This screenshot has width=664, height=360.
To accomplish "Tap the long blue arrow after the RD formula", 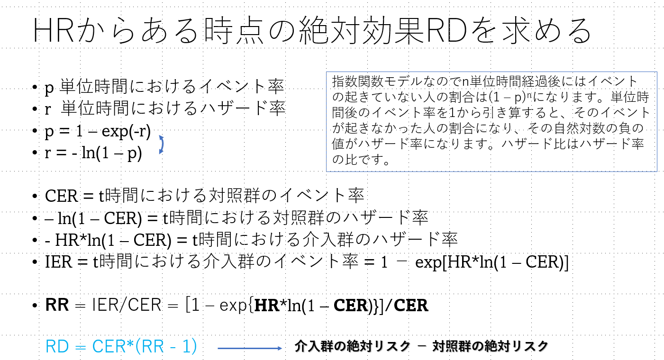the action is (x=249, y=348).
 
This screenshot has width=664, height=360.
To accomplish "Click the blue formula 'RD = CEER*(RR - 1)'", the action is (x=121, y=347).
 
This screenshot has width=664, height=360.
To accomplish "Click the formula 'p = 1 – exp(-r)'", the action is (x=98, y=132).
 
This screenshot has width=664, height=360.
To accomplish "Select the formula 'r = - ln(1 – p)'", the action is (x=93, y=154).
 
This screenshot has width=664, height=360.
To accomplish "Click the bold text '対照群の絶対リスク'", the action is (x=490, y=346).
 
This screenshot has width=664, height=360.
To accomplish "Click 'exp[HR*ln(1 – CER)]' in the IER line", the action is (x=491, y=263).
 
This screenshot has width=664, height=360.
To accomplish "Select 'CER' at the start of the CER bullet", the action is (x=60, y=196).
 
